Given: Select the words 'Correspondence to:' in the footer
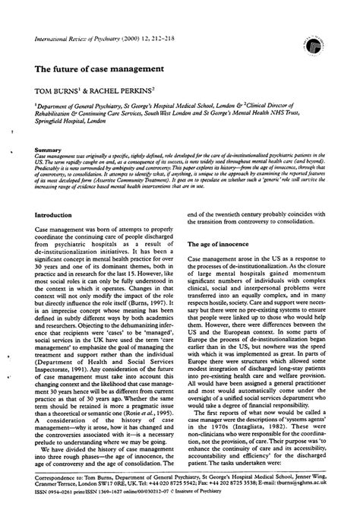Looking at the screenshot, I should pyautogui.click(x=56, y=483).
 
